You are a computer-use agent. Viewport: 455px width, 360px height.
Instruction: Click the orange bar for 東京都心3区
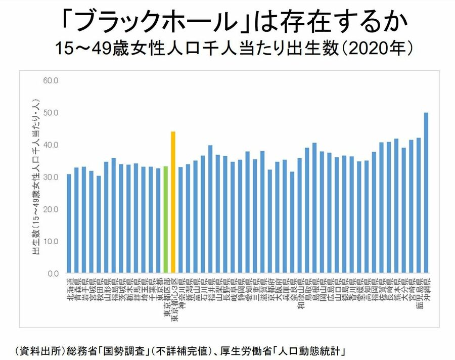173,202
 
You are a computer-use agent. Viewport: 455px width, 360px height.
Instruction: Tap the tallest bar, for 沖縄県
426,193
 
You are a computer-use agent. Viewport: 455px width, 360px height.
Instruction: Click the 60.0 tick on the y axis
52,80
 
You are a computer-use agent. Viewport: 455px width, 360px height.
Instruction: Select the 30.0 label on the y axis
52,177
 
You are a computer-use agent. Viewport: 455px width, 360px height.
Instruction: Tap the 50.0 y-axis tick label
52,113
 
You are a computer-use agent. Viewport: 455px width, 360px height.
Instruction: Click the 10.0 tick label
52,241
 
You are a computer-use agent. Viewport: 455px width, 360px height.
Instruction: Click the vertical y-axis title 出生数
37,177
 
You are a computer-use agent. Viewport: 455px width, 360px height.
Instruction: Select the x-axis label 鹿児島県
418,293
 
